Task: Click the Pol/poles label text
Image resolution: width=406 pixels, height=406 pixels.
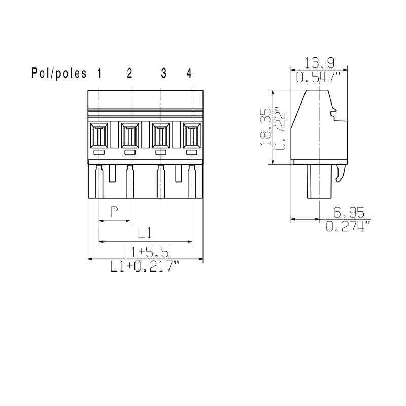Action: pyautogui.click(x=59, y=74)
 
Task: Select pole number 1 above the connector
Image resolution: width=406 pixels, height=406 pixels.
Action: pyautogui.click(x=99, y=74)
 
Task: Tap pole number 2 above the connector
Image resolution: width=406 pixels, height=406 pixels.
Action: pyautogui.click(x=129, y=74)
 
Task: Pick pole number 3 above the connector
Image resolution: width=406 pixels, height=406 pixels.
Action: pyautogui.click(x=163, y=74)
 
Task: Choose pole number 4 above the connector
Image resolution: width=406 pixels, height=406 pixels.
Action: pyautogui.click(x=189, y=74)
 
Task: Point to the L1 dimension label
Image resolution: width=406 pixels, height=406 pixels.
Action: pyautogui.click(x=146, y=232)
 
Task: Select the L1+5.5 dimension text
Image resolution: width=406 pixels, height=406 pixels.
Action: pyautogui.click(x=146, y=251)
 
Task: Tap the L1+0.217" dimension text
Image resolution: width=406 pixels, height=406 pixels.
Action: pyautogui.click(x=146, y=267)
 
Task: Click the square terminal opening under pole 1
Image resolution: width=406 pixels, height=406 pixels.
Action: pyautogui.click(x=99, y=136)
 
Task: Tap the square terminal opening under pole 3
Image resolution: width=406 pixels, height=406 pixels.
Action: pyautogui.click(x=161, y=136)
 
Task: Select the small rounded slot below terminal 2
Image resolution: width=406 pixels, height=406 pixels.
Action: pyautogui.click(x=130, y=153)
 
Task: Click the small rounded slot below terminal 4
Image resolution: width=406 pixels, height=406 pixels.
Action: pyautogui.click(x=192, y=153)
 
